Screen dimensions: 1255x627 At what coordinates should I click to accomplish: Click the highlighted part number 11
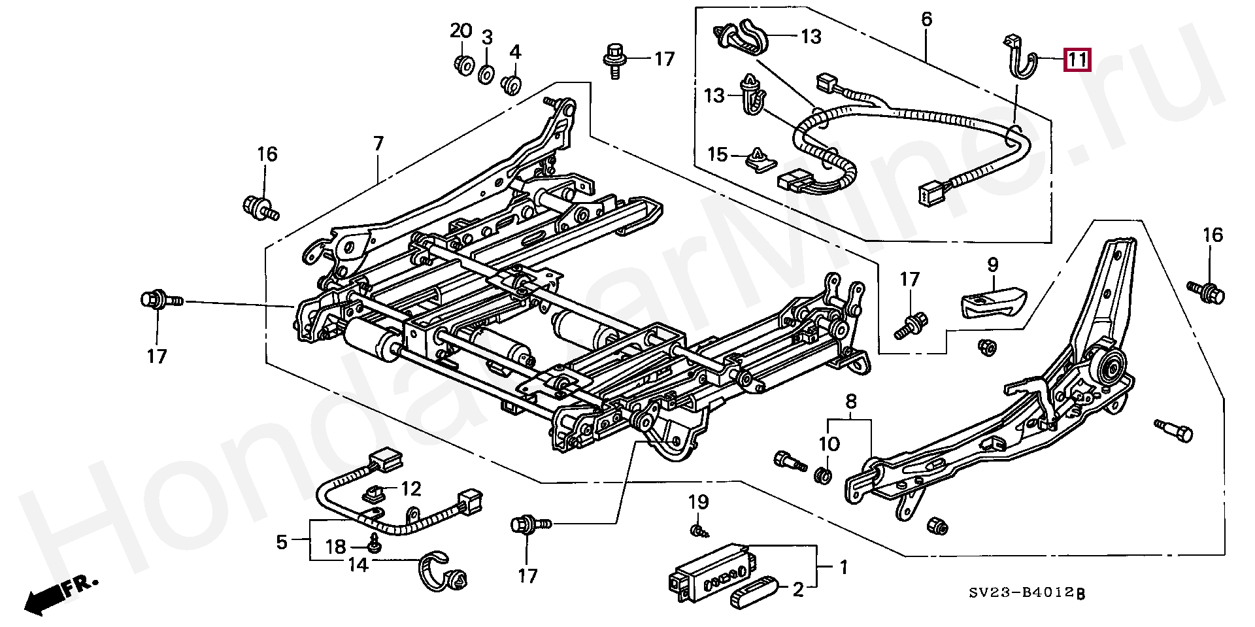click(x=1077, y=60)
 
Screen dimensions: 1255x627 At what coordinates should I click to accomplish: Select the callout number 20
click(x=461, y=31)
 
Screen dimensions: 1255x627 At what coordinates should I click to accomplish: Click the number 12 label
click(x=411, y=488)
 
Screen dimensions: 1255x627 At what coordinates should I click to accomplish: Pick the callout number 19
click(x=698, y=502)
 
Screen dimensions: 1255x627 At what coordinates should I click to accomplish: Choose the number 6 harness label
click(x=927, y=20)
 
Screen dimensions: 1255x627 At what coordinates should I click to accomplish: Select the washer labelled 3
click(x=486, y=74)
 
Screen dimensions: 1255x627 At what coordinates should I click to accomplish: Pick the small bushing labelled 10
click(x=824, y=476)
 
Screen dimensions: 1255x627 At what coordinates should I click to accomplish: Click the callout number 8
click(x=851, y=401)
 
